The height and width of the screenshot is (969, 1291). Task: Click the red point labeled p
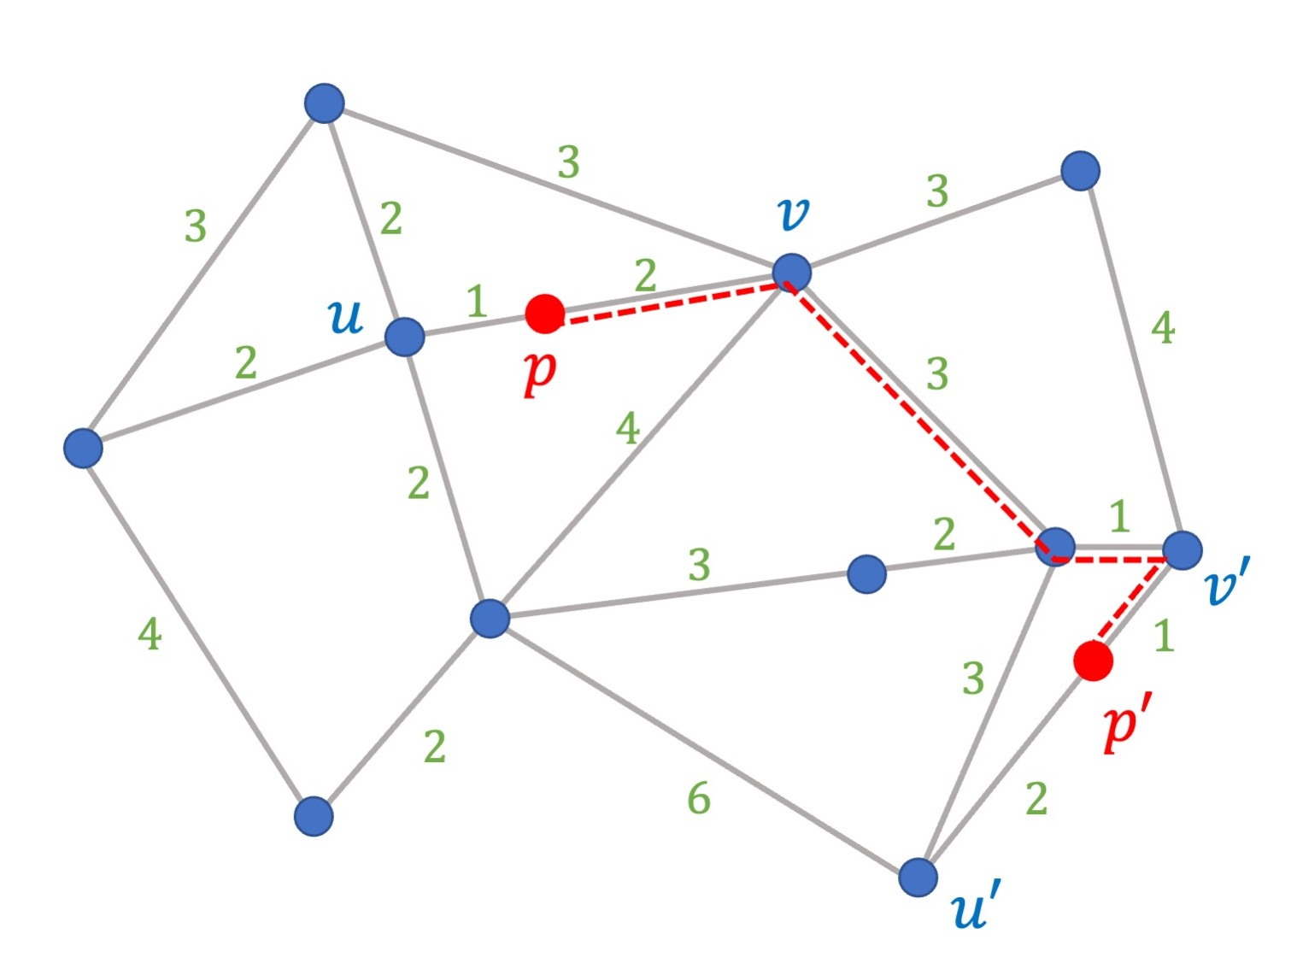(544, 314)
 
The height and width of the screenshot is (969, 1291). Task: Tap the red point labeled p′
(1093, 661)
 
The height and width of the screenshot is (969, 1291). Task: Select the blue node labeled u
(404, 337)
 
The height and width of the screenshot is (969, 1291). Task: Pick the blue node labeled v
(791, 273)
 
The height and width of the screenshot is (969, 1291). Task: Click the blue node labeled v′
(1182, 550)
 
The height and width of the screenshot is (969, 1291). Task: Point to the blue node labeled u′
(918, 877)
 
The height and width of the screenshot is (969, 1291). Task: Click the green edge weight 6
(699, 798)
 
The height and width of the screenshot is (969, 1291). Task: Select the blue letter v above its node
(794, 213)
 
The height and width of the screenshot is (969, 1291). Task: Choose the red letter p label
(539, 373)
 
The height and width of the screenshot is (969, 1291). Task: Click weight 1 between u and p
(476, 301)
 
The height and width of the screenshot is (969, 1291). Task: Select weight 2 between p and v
(646, 275)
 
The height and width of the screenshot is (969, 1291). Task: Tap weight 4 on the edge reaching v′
(1163, 328)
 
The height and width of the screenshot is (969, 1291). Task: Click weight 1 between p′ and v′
(1164, 636)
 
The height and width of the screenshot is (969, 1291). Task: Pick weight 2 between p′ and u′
(1036, 799)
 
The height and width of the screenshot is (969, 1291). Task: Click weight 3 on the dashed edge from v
(937, 373)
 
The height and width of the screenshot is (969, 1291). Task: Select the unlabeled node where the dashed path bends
(1055, 546)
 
